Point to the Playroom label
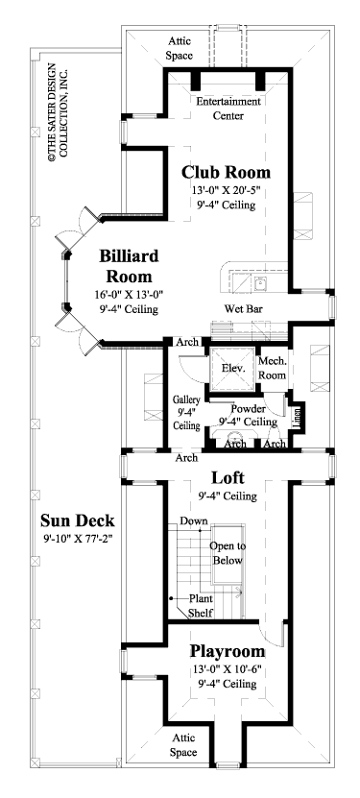click(227, 651)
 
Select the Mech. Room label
click(273, 368)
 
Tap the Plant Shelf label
click(201, 604)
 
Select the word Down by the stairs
click(193, 521)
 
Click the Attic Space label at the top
click(181, 49)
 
